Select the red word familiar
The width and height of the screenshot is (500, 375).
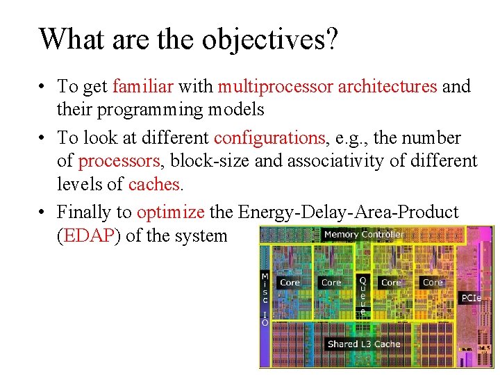[142, 87]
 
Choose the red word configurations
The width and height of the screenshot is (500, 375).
[270, 137]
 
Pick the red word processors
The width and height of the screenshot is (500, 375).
[119, 161]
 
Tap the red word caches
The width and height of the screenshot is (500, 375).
[153, 184]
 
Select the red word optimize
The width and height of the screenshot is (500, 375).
[171, 212]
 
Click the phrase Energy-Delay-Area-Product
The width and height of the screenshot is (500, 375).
[348, 212]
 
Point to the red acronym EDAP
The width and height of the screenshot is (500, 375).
[87, 235]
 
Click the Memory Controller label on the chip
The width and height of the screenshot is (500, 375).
[363, 235]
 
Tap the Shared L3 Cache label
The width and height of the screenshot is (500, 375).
[363, 344]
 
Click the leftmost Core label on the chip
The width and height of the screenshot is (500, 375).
[290, 283]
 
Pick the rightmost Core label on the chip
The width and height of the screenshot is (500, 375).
[433, 283]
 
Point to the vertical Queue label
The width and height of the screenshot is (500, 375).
[362, 296]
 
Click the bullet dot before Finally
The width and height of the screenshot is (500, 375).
[43, 212]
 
